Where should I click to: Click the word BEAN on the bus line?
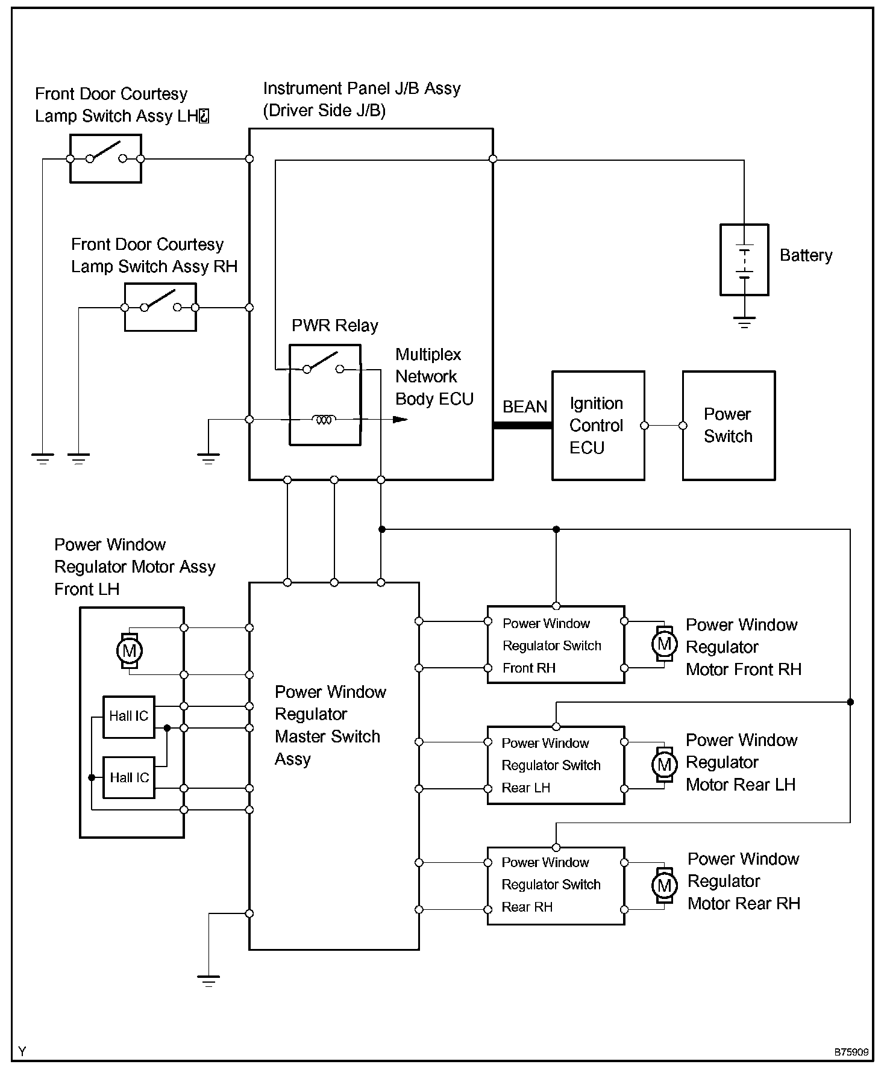click(x=525, y=406)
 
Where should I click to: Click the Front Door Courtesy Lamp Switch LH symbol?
click(x=105, y=158)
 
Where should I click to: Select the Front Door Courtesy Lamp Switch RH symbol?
click(x=160, y=307)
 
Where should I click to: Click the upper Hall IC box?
click(x=129, y=717)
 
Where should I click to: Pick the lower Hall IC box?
click(x=129, y=777)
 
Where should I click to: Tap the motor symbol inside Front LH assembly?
click(x=130, y=650)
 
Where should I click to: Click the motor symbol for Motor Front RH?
click(x=664, y=644)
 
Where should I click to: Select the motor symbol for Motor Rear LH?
click(x=664, y=764)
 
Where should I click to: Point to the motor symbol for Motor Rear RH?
click(x=664, y=885)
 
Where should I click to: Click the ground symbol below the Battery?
click(x=745, y=322)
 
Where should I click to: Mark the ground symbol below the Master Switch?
click(x=208, y=981)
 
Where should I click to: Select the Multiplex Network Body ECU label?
click(x=434, y=376)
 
